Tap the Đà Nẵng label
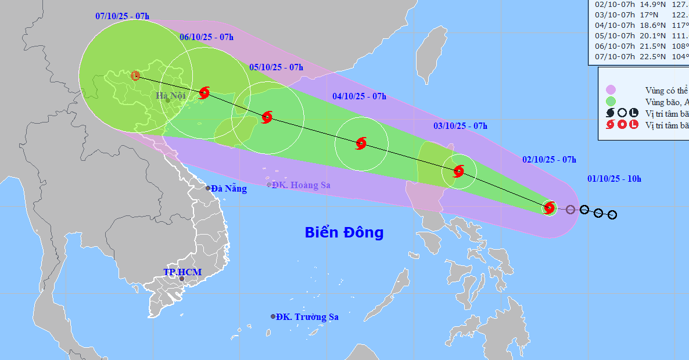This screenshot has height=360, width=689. click(x=229, y=189)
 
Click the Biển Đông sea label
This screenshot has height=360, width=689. click(x=344, y=233)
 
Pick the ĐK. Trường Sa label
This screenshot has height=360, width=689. click(x=307, y=317)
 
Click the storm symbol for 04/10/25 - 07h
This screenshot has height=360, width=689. click(x=361, y=143)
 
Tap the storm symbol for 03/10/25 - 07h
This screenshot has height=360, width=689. click(x=458, y=171)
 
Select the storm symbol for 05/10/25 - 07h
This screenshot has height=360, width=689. click(x=267, y=117)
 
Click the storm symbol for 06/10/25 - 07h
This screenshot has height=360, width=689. click(x=204, y=92)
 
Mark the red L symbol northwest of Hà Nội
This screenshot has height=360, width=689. click(x=135, y=75)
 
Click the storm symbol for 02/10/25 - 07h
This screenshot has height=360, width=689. click(x=549, y=207)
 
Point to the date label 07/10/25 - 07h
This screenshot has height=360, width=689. click(x=122, y=16)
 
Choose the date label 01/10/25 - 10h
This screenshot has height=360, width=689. click(x=614, y=178)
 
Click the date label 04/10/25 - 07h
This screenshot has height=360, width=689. click(x=359, y=96)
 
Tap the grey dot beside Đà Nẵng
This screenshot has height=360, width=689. click(x=208, y=188)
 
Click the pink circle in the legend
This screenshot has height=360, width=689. click(x=611, y=90)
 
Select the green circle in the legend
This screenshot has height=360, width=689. click(x=611, y=102)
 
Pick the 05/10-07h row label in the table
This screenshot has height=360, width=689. click(x=616, y=35)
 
